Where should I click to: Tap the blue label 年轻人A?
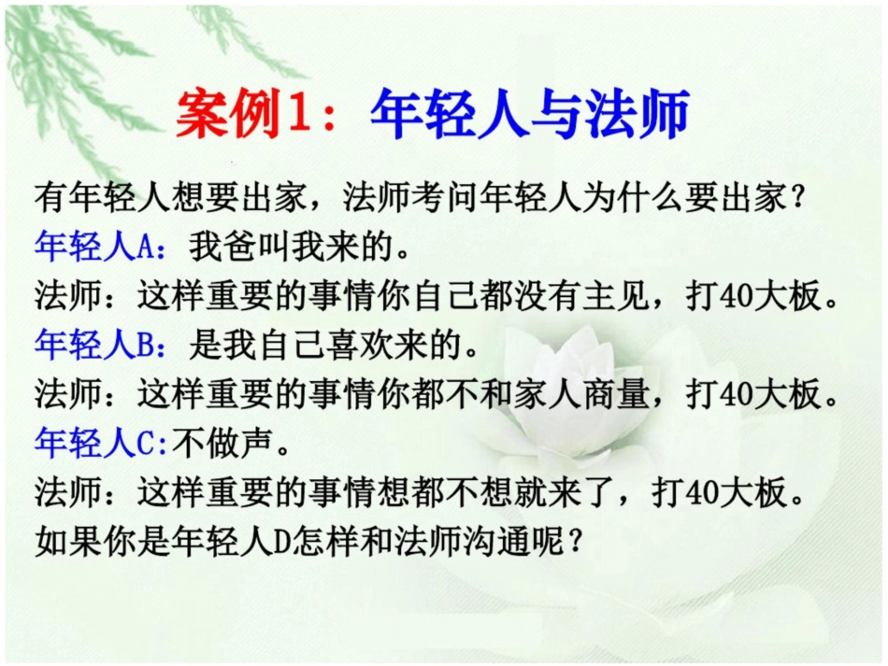click(x=100, y=247)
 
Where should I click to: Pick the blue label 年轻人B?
click(x=100, y=346)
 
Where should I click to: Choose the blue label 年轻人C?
click(x=100, y=445)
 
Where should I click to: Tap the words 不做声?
click(x=225, y=445)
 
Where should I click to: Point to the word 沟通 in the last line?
click(x=500, y=543)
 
